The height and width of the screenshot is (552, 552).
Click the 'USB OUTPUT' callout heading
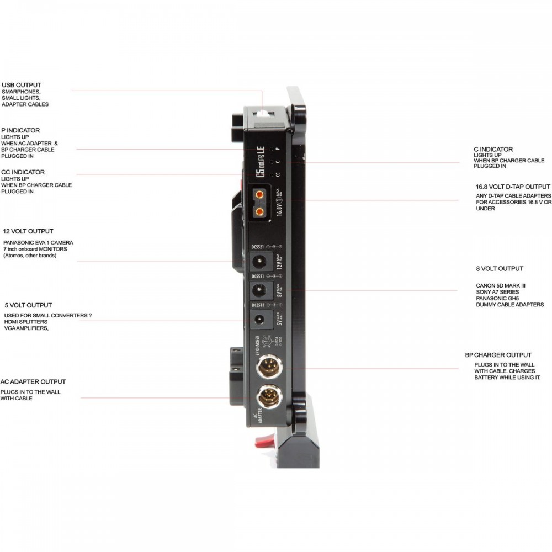(x=22, y=85)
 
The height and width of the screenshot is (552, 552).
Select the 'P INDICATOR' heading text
(x=20, y=130)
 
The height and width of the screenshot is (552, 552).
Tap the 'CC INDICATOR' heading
(x=23, y=172)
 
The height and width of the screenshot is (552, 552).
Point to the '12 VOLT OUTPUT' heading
(x=28, y=231)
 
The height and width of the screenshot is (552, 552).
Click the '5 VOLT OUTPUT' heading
(x=28, y=305)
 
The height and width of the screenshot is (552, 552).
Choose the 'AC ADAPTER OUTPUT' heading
(x=33, y=381)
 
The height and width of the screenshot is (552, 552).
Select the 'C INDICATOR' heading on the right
(x=493, y=149)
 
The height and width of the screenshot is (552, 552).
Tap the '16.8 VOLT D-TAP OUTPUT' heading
(x=513, y=187)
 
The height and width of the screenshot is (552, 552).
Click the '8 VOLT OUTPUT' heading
(x=500, y=269)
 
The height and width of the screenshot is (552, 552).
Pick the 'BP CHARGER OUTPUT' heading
(x=498, y=355)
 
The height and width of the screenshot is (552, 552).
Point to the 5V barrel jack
(x=258, y=319)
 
